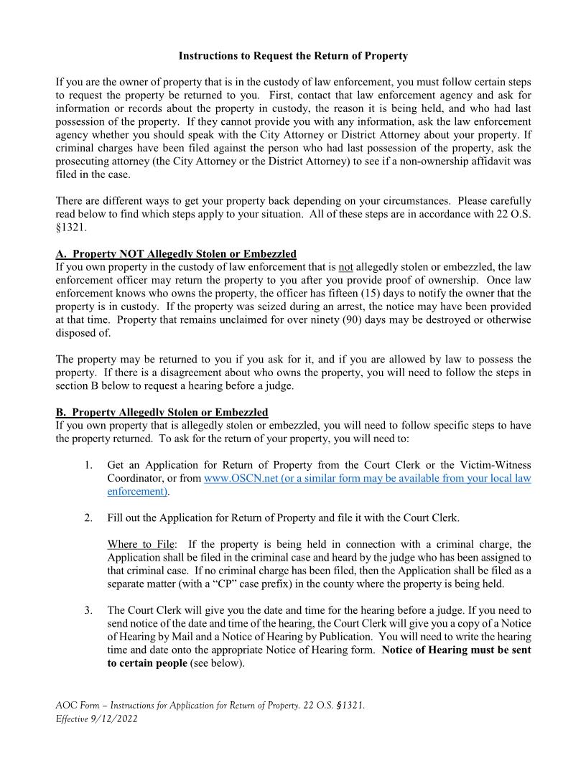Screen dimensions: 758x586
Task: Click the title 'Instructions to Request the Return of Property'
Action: coord(293,55)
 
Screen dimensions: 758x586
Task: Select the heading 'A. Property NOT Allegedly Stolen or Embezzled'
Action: coord(176,254)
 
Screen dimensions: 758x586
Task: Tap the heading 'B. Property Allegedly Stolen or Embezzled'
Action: coord(162,412)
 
